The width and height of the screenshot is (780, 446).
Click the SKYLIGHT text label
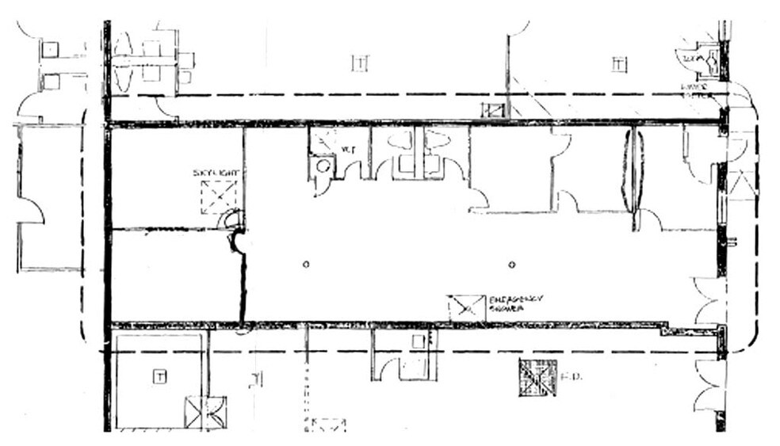click(x=216, y=173)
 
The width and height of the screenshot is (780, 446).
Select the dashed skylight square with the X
click(x=218, y=197)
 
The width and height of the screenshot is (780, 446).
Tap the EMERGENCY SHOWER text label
click(x=515, y=303)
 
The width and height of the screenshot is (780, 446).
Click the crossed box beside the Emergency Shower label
click(x=467, y=308)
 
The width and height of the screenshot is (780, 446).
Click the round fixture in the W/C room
click(x=321, y=166)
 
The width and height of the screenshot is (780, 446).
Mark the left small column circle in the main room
click(x=306, y=264)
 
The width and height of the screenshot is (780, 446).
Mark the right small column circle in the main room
click(x=511, y=264)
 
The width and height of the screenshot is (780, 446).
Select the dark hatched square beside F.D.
click(x=537, y=378)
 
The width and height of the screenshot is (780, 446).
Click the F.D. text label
click(x=572, y=377)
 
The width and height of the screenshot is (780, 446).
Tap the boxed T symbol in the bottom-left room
click(x=159, y=376)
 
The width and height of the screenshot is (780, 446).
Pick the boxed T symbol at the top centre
click(x=360, y=63)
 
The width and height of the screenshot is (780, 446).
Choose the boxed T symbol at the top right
click(x=619, y=63)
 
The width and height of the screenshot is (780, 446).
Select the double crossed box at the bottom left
click(x=205, y=412)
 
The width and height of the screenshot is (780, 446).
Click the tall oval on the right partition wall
click(x=633, y=171)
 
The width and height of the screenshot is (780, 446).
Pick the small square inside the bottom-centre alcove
click(x=418, y=342)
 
